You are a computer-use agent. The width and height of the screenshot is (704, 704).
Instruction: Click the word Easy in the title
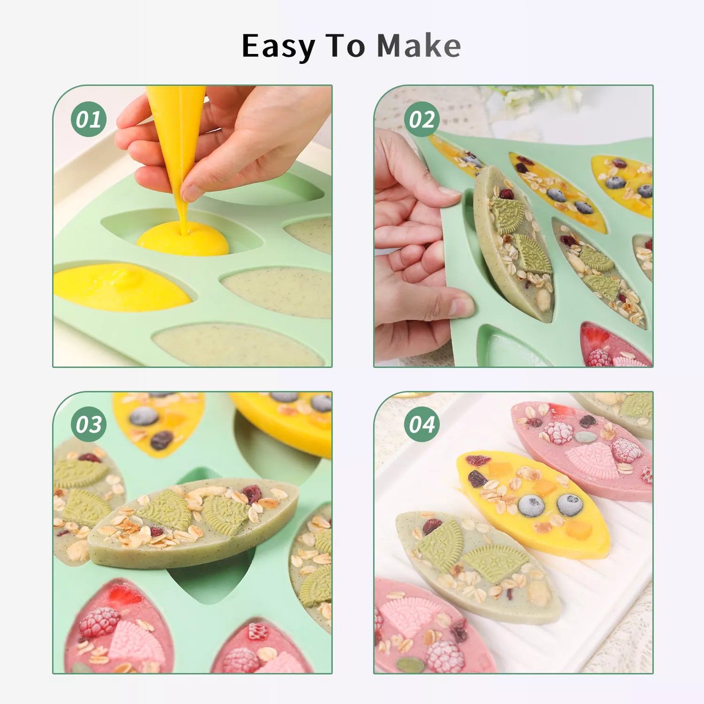[x=278, y=47]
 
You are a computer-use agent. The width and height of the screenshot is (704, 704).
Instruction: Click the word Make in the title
[x=419, y=46]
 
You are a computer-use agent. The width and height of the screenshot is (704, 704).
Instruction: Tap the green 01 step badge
[x=89, y=119]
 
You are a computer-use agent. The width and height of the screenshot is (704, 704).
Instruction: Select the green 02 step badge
[x=421, y=119]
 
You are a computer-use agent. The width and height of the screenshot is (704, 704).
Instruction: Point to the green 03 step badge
[x=89, y=424]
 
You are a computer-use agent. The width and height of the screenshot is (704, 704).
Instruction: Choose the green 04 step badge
[x=421, y=424]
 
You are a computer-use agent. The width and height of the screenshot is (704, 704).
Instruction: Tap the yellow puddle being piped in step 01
[x=183, y=239]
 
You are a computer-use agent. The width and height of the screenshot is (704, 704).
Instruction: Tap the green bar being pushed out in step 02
[x=514, y=244]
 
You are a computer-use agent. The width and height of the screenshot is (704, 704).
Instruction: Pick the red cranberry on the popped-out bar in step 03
[x=252, y=494]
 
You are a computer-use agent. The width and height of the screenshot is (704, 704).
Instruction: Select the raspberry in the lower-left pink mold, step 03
[x=99, y=622]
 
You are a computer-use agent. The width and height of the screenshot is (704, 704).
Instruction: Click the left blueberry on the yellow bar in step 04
[x=531, y=505]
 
